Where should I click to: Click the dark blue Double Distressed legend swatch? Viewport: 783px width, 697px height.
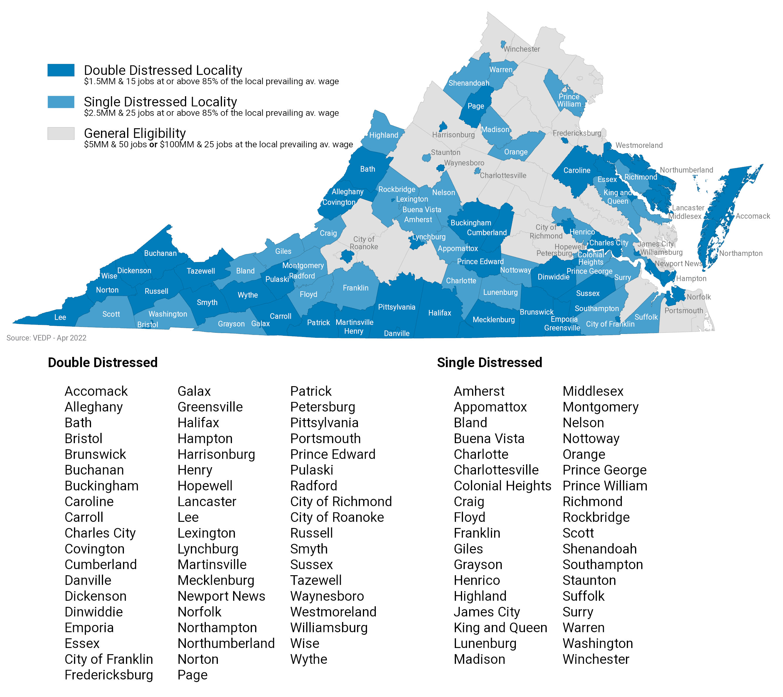point(60,70)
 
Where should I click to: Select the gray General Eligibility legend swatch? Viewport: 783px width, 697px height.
point(60,133)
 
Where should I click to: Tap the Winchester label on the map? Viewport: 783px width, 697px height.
point(521,49)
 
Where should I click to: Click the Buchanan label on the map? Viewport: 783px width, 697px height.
point(160,253)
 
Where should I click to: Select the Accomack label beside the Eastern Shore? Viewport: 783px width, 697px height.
point(752,216)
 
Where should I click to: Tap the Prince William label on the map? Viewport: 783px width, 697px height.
point(569,100)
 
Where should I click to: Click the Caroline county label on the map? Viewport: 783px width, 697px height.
point(577,171)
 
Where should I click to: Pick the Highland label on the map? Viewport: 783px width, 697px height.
point(383,135)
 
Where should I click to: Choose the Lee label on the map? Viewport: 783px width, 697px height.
point(60,317)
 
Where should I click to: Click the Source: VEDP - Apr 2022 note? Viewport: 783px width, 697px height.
point(46,338)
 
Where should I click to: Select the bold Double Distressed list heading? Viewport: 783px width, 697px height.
point(103,362)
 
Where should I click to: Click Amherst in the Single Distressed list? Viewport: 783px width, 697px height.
point(479,391)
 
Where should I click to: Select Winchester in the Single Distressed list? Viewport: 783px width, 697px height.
point(595,659)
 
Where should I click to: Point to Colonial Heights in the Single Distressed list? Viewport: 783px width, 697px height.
point(502,486)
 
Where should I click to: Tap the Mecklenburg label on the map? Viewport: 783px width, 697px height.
point(494,319)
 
